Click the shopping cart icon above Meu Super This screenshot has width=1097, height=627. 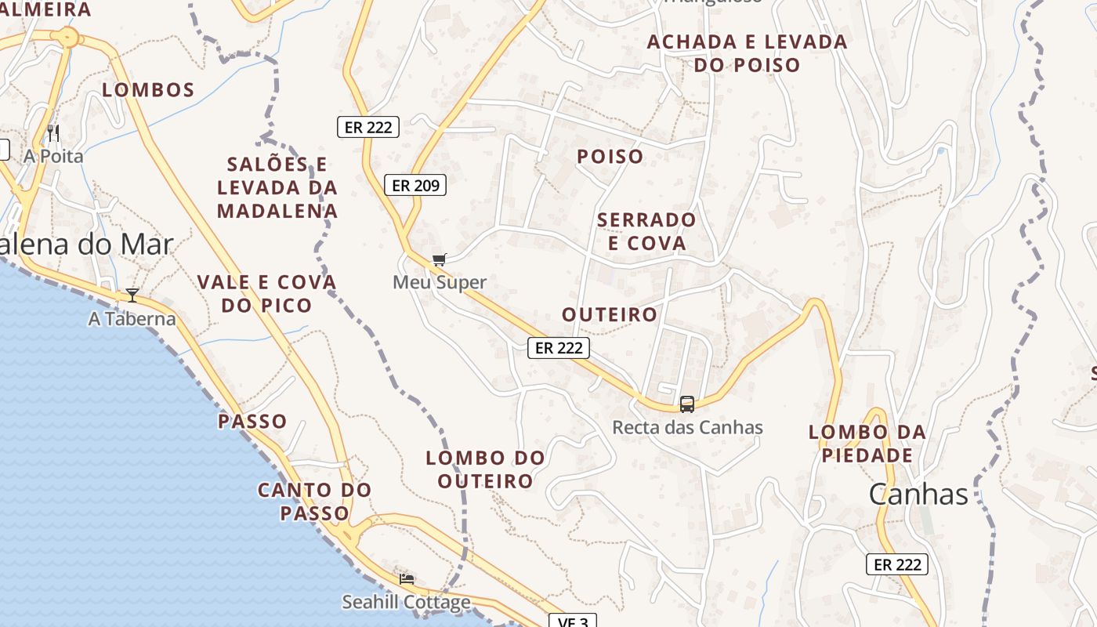coord(439,259)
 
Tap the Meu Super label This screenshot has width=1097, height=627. coord(440,282)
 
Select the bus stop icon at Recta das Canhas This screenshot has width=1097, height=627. coord(687,404)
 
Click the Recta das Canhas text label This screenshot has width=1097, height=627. coord(687,428)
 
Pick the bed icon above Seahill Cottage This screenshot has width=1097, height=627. coord(407,579)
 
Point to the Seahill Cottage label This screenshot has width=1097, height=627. coord(406,602)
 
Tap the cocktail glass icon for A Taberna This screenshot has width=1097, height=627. coord(132,295)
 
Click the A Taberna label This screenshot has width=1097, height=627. coord(132,319)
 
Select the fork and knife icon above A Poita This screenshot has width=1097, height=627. coord(53,132)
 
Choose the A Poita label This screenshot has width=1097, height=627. coord(53,156)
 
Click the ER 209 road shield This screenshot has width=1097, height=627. coord(415,185)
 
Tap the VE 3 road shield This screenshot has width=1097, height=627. coord(572,622)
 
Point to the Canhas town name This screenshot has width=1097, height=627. coord(918,495)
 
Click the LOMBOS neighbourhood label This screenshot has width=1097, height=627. coord(149,90)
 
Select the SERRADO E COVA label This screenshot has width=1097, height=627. coord(646,231)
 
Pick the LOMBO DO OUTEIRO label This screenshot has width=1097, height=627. coord(486,469)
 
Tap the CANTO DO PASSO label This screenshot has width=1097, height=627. coord(315,502)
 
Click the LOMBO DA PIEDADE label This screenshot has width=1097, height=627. coord(867,444)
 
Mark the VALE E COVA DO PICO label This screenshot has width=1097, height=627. coord(266,293)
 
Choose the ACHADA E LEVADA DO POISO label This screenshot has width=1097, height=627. coord(747,53)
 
